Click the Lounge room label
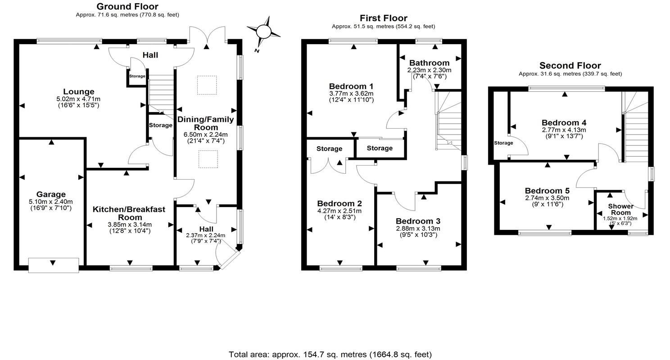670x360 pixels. tap(78, 92)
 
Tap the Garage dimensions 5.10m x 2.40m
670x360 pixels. tap(51, 202)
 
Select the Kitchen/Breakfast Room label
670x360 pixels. tap(129, 213)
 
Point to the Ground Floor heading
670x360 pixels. tap(127, 6)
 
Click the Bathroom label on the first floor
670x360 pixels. tap(429, 63)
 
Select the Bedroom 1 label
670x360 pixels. tap(351, 86)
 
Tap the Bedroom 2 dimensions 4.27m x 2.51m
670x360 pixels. tap(339, 211)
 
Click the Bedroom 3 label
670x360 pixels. tap(417, 221)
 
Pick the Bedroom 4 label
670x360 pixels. tap(564, 123)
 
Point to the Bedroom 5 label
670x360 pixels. tap(547, 191)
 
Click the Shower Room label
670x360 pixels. tap(620, 209)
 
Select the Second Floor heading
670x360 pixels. tap(570, 66)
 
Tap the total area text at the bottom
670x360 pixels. tap(330, 355)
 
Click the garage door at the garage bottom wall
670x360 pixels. tap(54, 265)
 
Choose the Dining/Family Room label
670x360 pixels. tap(205, 123)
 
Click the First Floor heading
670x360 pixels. tap(383, 18)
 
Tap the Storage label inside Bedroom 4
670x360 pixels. tap(503, 143)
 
